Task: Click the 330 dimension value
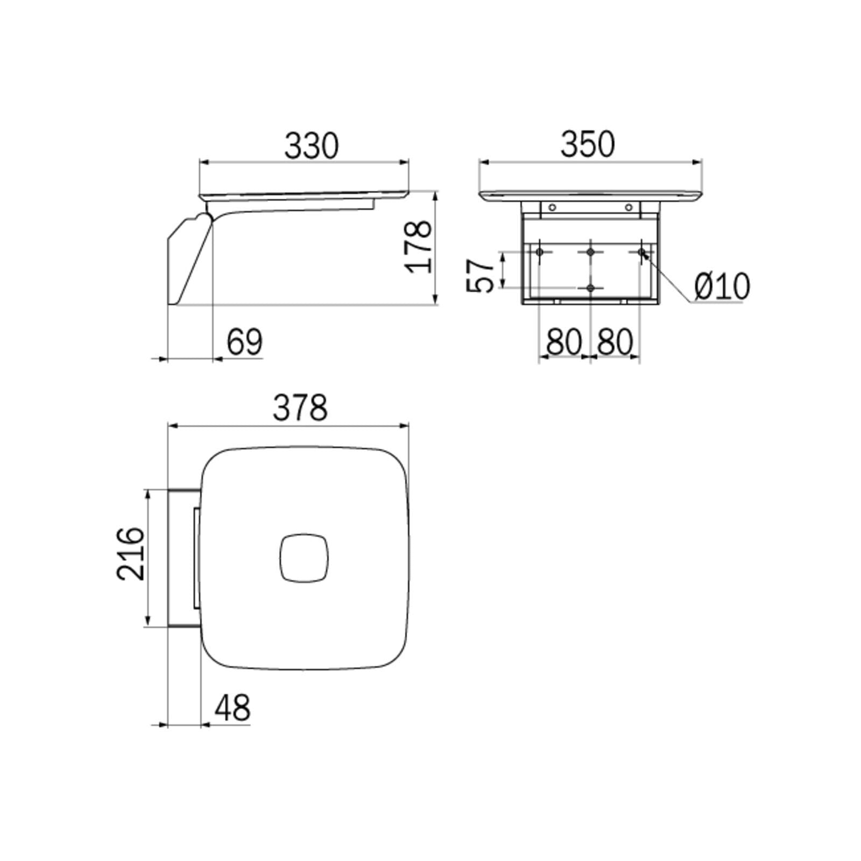coord(312,146)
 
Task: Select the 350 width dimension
coord(588,144)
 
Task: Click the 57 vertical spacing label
coord(479,276)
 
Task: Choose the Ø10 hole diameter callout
coord(722,286)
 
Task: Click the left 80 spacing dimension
coord(564,342)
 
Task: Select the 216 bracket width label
coord(131,554)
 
